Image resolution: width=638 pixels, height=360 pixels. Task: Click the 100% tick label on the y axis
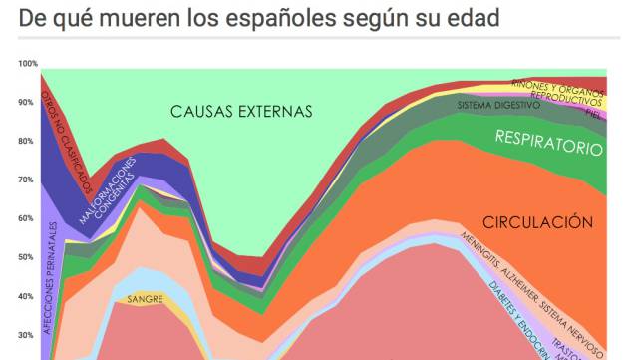(x=26, y=64)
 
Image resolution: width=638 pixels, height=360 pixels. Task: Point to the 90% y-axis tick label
(x=26, y=103)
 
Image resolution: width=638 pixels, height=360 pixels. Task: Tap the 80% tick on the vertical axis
(x=26, y=142)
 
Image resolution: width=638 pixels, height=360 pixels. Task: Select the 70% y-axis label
(x=26, y=180)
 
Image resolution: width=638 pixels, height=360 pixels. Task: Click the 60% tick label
(x=26, y=219)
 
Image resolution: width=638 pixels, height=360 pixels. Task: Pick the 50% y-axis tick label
(x=26, y=258)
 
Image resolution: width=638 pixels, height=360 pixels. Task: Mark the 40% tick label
(x=26, y=297)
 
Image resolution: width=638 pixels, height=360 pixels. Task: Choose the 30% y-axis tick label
(x=26, y=336)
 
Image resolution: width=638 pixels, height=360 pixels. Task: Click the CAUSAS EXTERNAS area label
(x=240, y=111)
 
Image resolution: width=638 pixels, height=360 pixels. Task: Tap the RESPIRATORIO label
(x=549, y=141)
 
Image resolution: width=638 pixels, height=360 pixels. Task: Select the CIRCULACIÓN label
(x=537, y=222)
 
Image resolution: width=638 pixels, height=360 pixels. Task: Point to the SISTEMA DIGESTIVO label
(x=498, y=105)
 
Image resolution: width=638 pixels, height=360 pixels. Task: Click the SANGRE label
(x=145, y=298)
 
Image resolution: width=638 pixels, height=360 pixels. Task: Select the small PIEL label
(x=593, y=114)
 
